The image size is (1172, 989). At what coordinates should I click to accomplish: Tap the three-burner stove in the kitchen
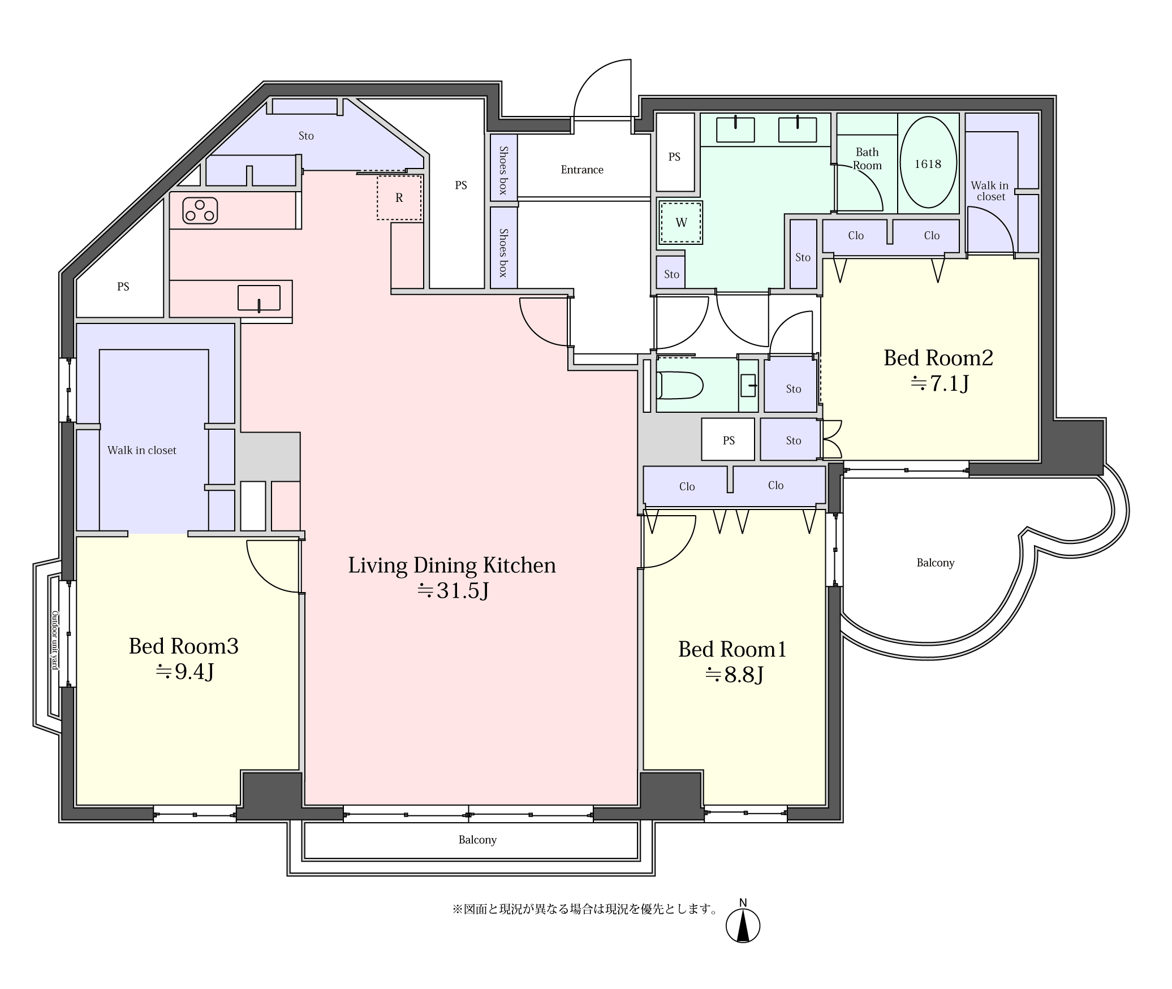tap(200, 210)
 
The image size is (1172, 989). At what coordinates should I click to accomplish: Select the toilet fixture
tap(679, 386)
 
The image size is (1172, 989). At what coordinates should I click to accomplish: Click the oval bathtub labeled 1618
tap(928, 162)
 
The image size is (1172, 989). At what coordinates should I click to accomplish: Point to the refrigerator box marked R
tap(399, 197)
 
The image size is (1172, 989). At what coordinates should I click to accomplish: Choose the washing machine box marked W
tap(680, 223)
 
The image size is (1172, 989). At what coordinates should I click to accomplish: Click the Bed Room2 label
tap(938, 357)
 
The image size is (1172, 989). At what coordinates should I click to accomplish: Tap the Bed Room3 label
tap(184, 646)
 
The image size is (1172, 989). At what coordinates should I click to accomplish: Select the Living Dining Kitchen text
tap(452, 565)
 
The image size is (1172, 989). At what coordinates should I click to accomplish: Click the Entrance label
tap(582, 170)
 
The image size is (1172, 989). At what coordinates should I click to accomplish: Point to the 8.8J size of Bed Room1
tap(734, 675)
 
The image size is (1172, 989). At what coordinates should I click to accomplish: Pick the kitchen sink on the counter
tap(259, 298)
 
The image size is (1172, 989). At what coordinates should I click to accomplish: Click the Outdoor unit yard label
tap(55, 640)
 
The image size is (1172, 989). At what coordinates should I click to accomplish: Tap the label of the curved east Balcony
tap(936, 563)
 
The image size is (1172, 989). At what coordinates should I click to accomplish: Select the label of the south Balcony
tap(477, 840)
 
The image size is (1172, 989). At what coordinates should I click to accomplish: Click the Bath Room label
tap(867, 159)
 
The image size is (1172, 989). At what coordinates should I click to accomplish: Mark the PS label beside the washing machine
tap(674, 157)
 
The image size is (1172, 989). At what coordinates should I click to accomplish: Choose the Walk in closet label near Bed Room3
tap(142, 450)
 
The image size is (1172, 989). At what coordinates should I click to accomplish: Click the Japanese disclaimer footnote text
tap(585, 909)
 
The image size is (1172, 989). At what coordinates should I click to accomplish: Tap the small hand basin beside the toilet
tap(748, 385)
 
